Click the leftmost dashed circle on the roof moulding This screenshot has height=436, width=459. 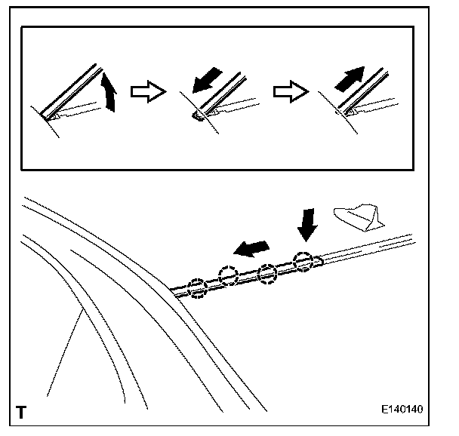point(197,287)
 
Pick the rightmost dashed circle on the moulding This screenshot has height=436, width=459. point(303,261)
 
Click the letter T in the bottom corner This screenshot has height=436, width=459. point(20,412)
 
